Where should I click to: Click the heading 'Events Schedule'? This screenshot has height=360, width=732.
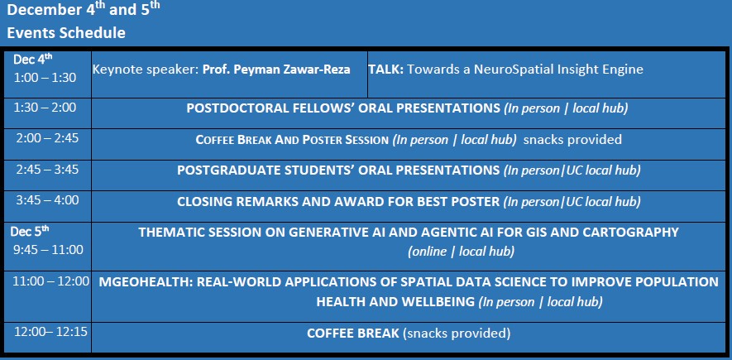click(x=66, y=33)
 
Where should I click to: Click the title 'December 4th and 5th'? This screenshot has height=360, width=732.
click(x=84, y=10)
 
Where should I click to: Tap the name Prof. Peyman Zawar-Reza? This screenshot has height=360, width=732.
click(x=276, y=70)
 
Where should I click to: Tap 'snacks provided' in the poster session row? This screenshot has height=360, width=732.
click(x=572, y=140)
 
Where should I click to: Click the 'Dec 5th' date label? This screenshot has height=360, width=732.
click(x=30, y=231)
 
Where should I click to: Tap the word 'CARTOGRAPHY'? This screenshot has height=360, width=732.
click(x=628, y=232)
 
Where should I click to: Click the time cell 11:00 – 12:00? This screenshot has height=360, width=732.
click(x=51, y=281)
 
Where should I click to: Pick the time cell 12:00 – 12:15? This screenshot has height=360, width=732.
click(x=51, y=332)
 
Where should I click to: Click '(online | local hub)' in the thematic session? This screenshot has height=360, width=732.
click(x=462, y=252)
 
